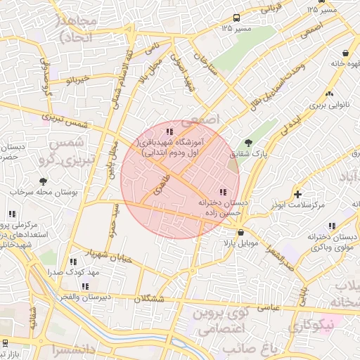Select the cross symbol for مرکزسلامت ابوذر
[x=298, y=193]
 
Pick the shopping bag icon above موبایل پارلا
[x=241, y=233]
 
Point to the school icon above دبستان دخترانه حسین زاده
[x=222, y=192]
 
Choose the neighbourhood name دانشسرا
[x=70, y=349]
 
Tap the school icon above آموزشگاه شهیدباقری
[x=169, y=131]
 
